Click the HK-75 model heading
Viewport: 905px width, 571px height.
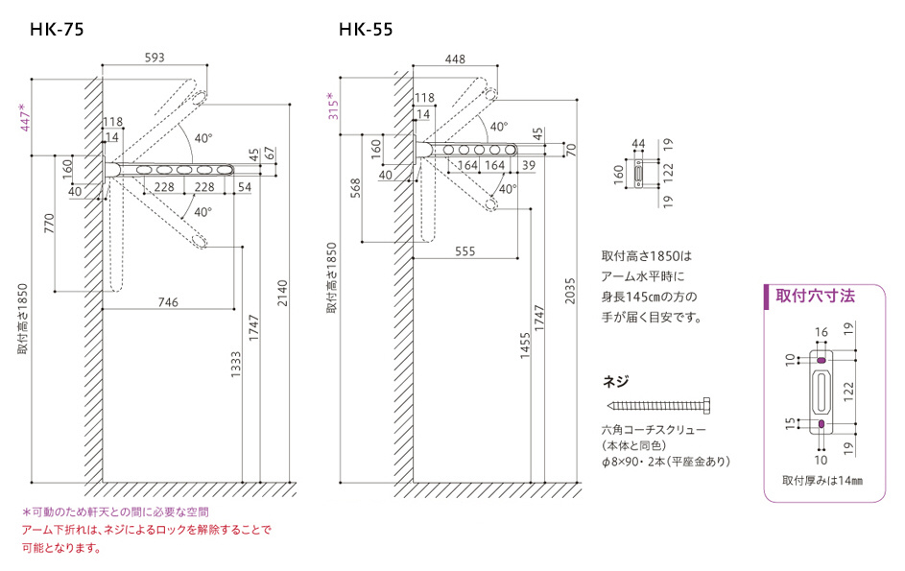pos(57,30)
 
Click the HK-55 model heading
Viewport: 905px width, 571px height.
pos(366,30)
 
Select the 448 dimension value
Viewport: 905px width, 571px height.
pos(456,59)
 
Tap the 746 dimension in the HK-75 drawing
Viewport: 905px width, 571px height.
pos(168,301)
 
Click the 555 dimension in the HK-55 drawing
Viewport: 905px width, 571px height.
pos(465,250)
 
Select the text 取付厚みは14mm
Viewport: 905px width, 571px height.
pos(821,480)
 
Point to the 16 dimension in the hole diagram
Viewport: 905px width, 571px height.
pos(821,332)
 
